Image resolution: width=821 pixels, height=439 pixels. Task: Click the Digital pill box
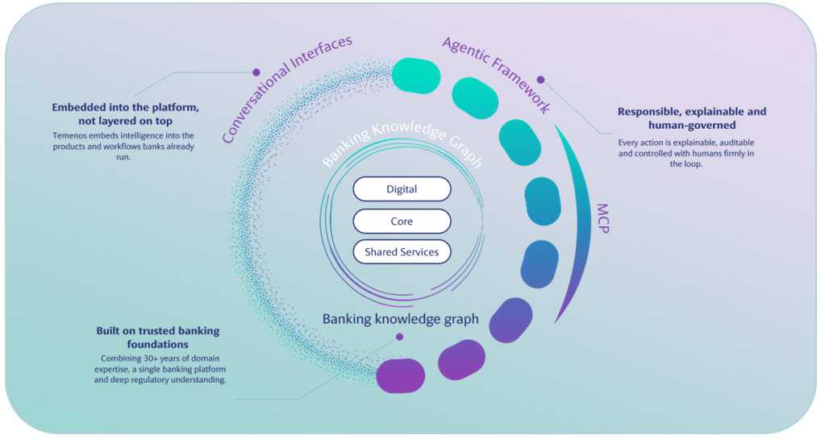pyautogui.click(x=402, y=188)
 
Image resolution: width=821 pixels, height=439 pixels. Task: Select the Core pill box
pyautogui.click(x=402, y=221)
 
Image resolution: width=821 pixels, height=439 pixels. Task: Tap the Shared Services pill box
pyautogui.click(x=402, y=251)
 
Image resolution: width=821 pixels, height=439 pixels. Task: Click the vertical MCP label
pyautogui.click(x=602, y=218)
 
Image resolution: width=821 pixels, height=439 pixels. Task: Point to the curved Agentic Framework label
pyautogui.click(x=498, y=72)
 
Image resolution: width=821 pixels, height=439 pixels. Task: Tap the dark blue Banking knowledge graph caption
pyautogui.click(x=401, y=319)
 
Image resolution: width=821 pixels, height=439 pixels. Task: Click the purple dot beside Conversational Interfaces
pyautogui.click(x=256, y=72)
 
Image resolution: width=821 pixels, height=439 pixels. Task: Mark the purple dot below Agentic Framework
pyautogui.click(x=541, y=80)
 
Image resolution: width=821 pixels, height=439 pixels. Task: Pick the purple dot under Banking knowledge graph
pyautogui.click(x=399, y=337)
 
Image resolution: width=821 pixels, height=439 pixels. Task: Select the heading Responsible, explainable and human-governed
pyautogui.click(x=692, y=118)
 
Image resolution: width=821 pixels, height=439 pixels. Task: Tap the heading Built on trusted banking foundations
pyautogui.click(x=157, y=338)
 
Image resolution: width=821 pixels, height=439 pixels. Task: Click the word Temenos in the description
pyautogui.click(x=69, y=135)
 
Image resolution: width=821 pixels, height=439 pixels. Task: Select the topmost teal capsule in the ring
pyautogui.click(x=416, y=76)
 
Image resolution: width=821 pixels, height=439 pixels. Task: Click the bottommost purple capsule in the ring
pyautogui.click(x=401, y=375)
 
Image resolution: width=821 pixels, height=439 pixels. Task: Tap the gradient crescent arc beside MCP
pyautogui.click(x=585, y=220)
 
